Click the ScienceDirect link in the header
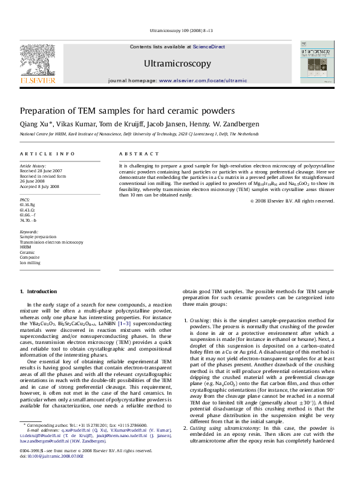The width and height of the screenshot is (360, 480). pos(209,47)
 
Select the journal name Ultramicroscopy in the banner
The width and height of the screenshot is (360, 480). pos(177,63)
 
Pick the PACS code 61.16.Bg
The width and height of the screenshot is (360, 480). pos(28,205)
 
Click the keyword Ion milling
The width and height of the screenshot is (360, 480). pos(30,263)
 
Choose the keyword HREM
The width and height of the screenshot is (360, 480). pos(25,247)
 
